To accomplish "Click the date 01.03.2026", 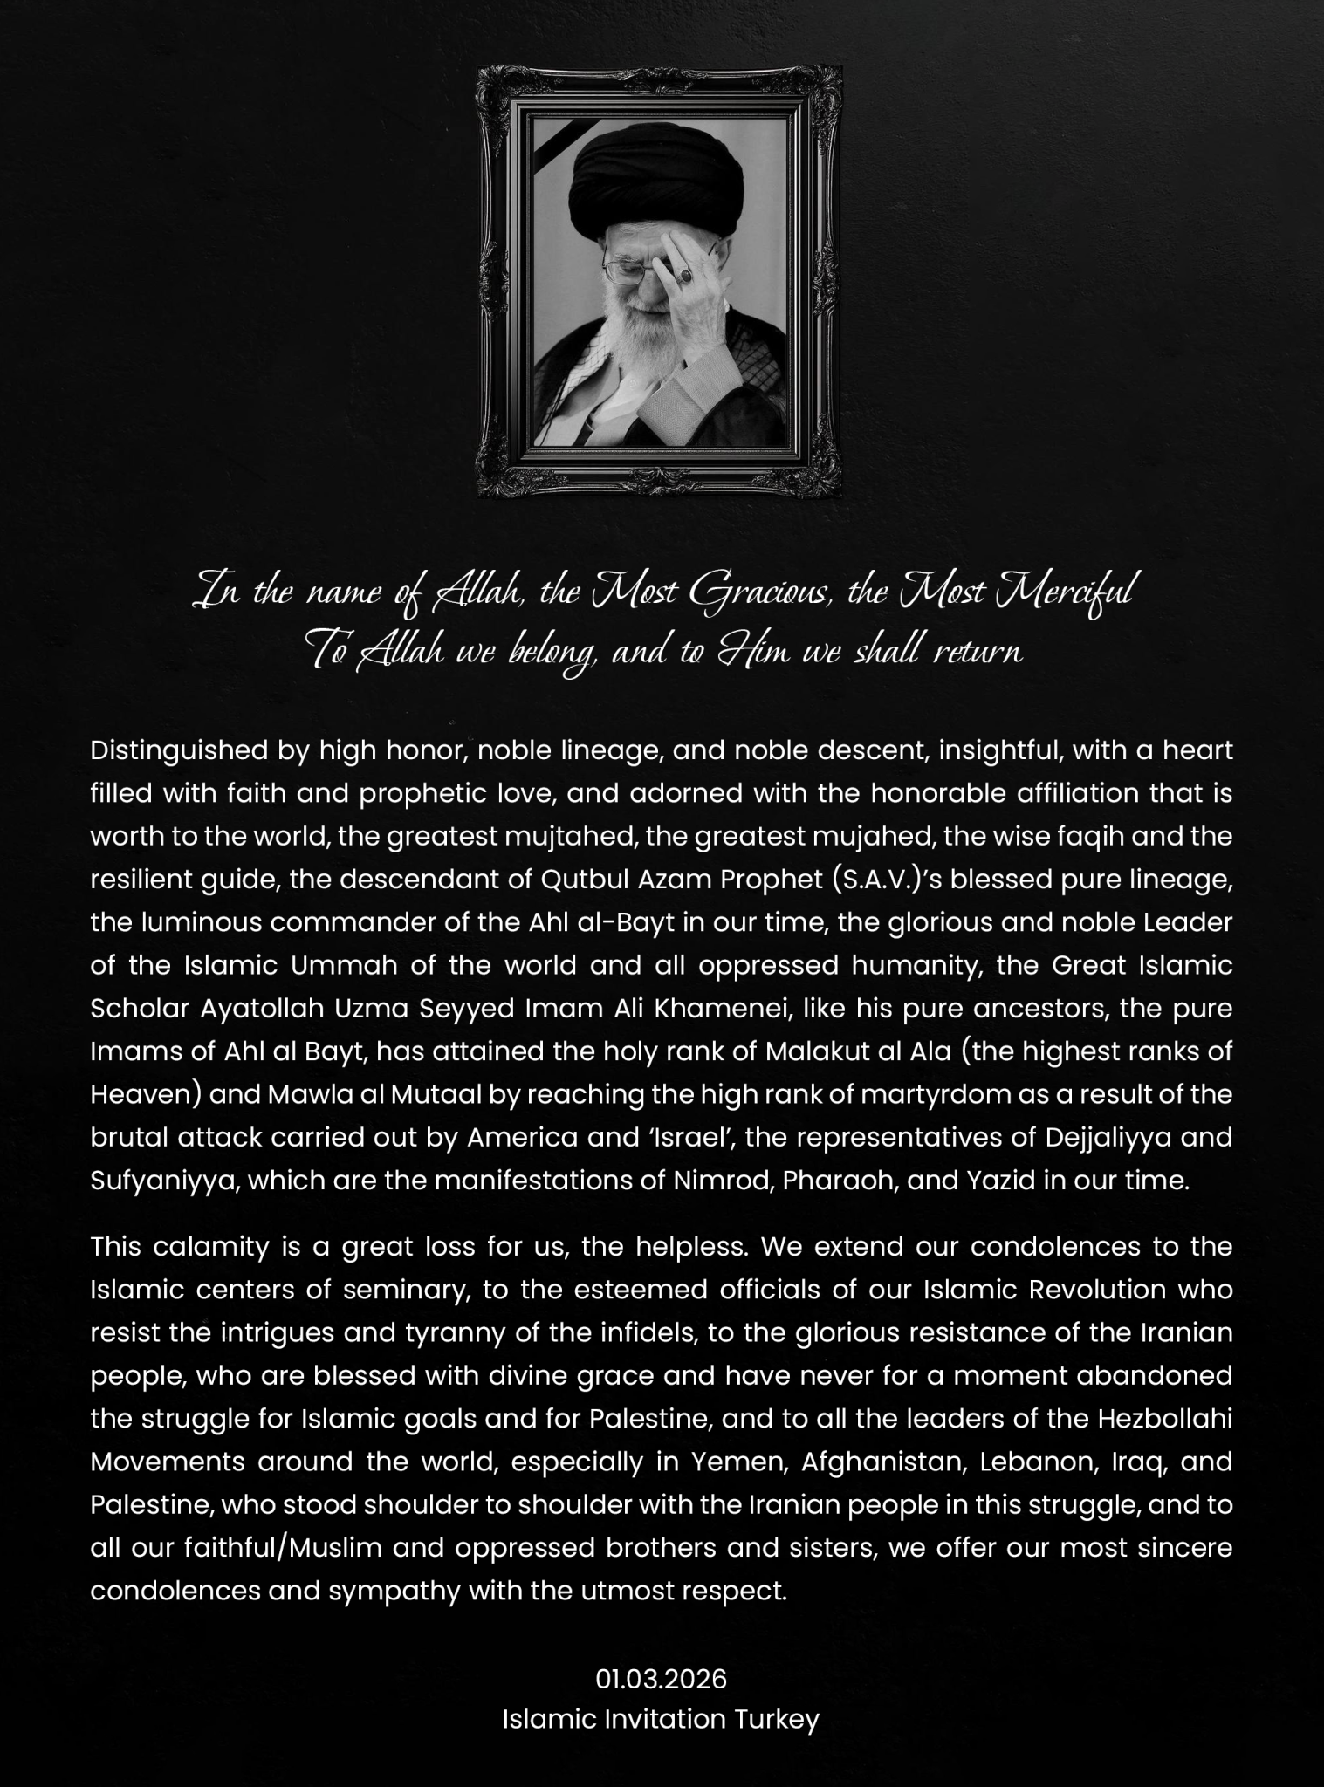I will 661,1679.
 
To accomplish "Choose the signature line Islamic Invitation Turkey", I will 661,1720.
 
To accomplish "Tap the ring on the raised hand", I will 687,275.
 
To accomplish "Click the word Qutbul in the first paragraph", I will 580,880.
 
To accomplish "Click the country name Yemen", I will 740,1462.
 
